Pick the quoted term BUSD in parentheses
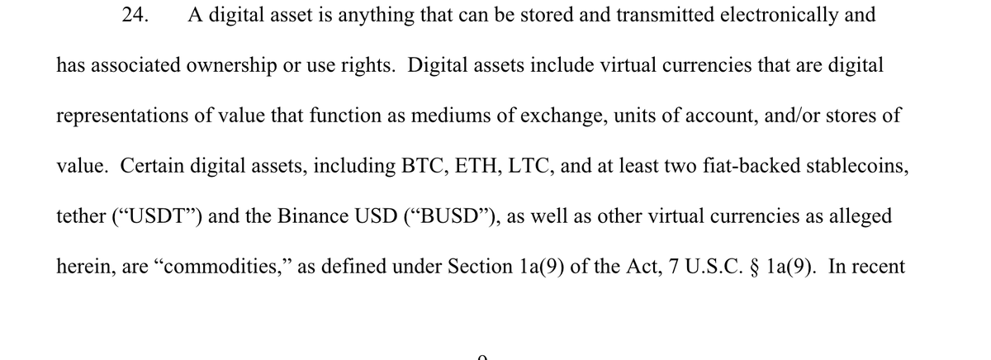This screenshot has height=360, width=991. click(453, 216)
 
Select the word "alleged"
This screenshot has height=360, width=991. click(859, 216)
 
